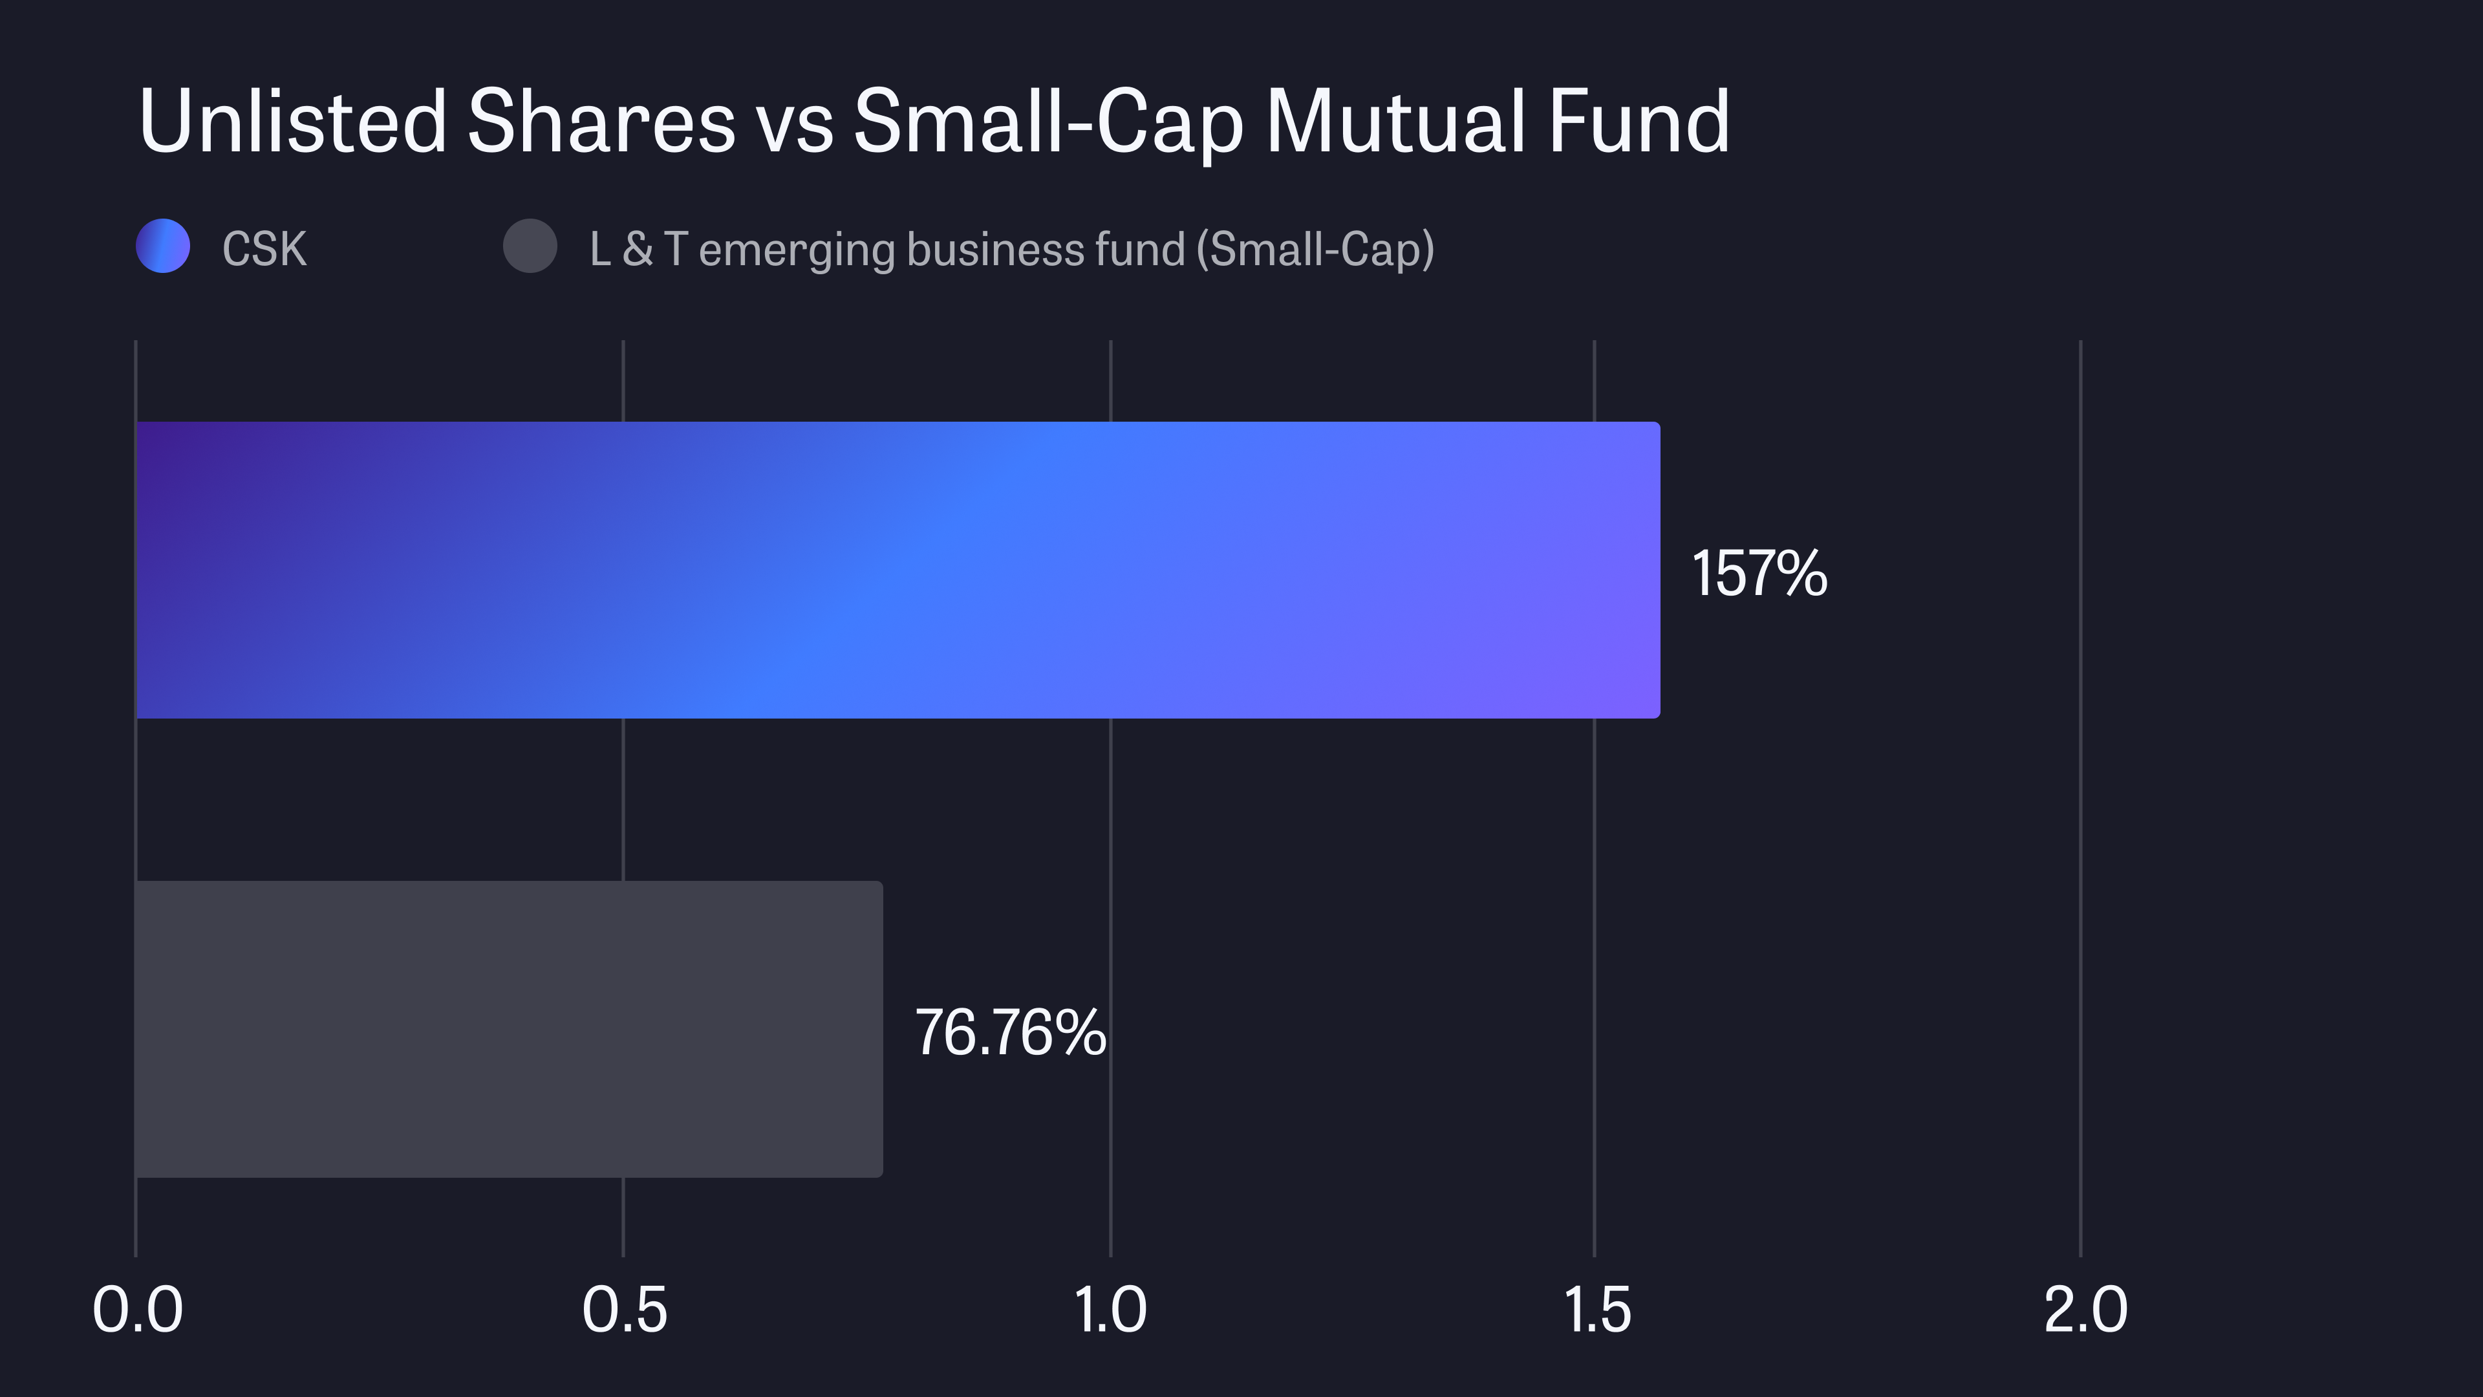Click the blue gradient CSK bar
pos(896,570)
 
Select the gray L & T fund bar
pos(509,1029)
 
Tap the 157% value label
pos(1759,574)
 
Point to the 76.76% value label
pos(1010,1033)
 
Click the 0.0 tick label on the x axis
pos(137,1310)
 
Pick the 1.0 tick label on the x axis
pos(1110,1310)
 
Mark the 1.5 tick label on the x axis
pos(1596,1310)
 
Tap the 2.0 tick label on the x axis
pos(2085,1310)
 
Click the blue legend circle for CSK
pos(163,246)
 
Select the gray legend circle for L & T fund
pos(530,246)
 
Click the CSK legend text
pos(264,249)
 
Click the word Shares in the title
pos(601,122)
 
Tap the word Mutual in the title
pos(1396,122)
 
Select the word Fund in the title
pos(1639,122)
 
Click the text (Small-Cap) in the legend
pos(1315,250)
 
